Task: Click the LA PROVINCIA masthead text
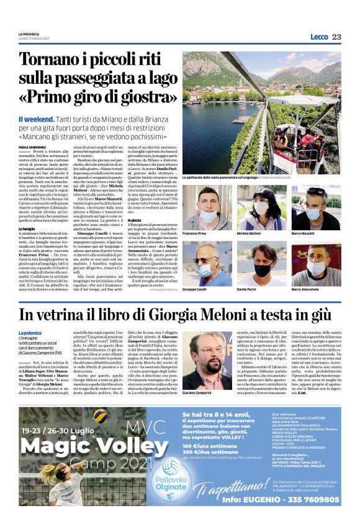coord(29,34)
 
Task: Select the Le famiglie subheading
coord(27,229)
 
